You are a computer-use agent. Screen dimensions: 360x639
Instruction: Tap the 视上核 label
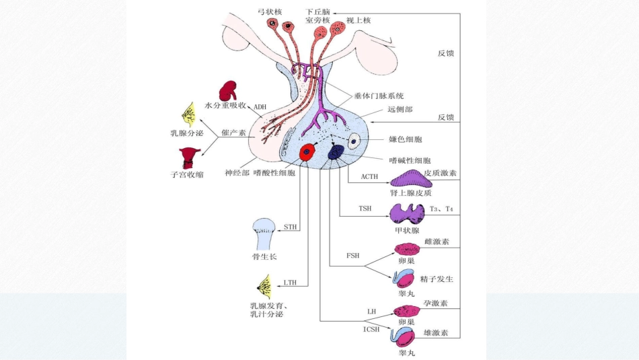click(358, 21)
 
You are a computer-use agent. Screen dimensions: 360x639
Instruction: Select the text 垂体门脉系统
click(377, 96)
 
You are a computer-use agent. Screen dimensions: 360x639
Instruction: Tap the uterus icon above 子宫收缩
click(185, 157)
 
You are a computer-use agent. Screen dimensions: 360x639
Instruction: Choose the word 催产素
click(233, 133)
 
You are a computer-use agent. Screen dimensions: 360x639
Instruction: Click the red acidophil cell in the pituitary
click(308, 153)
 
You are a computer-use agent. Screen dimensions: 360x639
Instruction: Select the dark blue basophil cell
click(336, 153)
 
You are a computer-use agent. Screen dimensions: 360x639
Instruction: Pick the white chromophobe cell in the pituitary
click(354, 141)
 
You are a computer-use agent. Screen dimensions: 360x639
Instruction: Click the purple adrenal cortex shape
click(407, 178)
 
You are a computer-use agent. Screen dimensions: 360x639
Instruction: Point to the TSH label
click(365, 209)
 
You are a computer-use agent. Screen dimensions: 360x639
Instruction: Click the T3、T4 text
click(441, 209)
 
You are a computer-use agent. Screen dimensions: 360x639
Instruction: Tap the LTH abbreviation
click(291, 283)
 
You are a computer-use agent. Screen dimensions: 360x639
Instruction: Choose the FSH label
click(352, 256)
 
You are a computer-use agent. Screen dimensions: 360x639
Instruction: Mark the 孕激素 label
click(436, 303)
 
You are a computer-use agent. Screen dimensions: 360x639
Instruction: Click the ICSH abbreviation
click(371, 329)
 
